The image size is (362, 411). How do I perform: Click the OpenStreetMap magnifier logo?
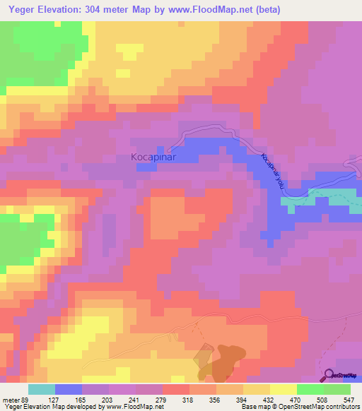[328, 376]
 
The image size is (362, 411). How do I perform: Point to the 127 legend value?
[55, 399]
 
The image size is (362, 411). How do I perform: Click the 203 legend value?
[109, 399]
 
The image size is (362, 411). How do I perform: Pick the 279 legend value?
[163, 399]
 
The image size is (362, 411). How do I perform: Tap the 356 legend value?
[216, 399]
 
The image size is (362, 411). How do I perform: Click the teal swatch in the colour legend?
[42, 389]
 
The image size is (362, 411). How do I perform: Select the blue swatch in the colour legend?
[69, 389]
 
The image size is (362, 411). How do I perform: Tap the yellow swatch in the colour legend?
[283, 389]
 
